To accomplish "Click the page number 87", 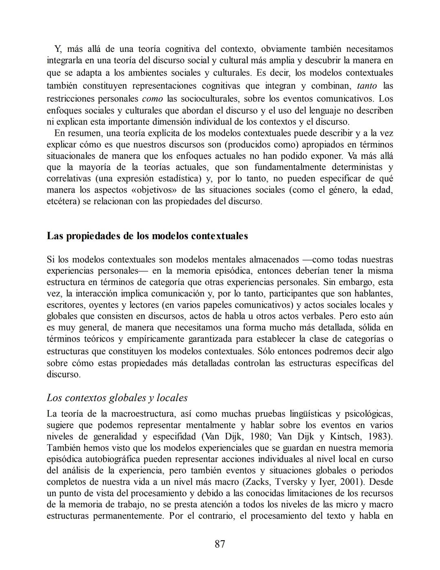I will coord(220,543).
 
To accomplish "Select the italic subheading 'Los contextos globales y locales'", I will coord(117,397).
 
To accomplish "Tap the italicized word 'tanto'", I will coord(367,86).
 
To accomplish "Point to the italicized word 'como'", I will coord(152,98).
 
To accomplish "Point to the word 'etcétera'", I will coord(63,201).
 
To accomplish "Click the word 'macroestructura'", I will coord(140,414).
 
